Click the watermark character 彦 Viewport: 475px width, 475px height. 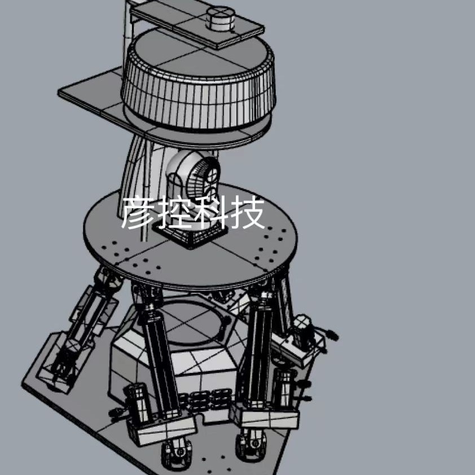[x=138, y=212]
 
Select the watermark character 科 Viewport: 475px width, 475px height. [x=210, y=212]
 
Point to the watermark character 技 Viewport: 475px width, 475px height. [x=247, y=212]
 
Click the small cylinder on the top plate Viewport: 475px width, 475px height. [x=220, y=18]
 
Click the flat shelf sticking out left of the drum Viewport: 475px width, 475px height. [x=91, y=94]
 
